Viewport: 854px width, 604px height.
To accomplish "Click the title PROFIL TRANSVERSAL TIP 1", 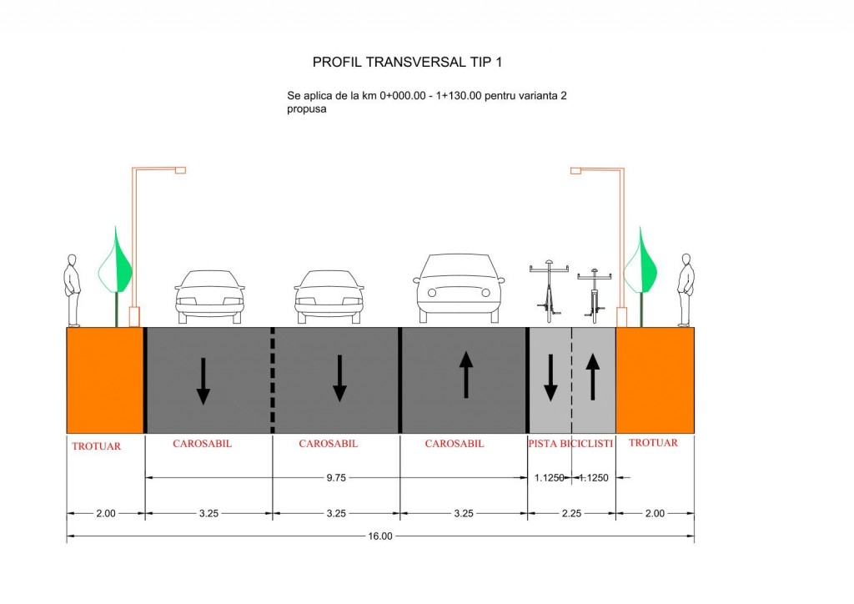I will [407, 62].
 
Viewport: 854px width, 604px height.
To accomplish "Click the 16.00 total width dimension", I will [379, 536].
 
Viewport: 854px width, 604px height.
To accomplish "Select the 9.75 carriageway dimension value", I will [336, 477].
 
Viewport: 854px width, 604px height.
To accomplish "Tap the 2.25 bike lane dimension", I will [570, 513].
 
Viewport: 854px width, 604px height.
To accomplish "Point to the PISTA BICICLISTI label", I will [570, 444].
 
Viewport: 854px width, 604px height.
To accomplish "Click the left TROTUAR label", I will [96, 445].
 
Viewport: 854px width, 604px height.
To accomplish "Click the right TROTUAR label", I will [653, 443].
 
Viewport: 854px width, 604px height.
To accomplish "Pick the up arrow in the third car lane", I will [465, 373].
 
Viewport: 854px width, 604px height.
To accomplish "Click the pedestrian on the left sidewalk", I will [73, 290].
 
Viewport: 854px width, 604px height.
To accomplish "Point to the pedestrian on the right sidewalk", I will [686, 290].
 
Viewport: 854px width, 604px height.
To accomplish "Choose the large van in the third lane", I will [459, 287].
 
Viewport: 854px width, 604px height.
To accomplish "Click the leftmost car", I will [209, 296].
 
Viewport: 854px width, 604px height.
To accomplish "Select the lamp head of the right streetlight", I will [575, 171].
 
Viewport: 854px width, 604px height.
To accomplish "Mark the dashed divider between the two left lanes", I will [273, 380].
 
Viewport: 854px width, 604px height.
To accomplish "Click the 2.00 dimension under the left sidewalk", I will [105, 513].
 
